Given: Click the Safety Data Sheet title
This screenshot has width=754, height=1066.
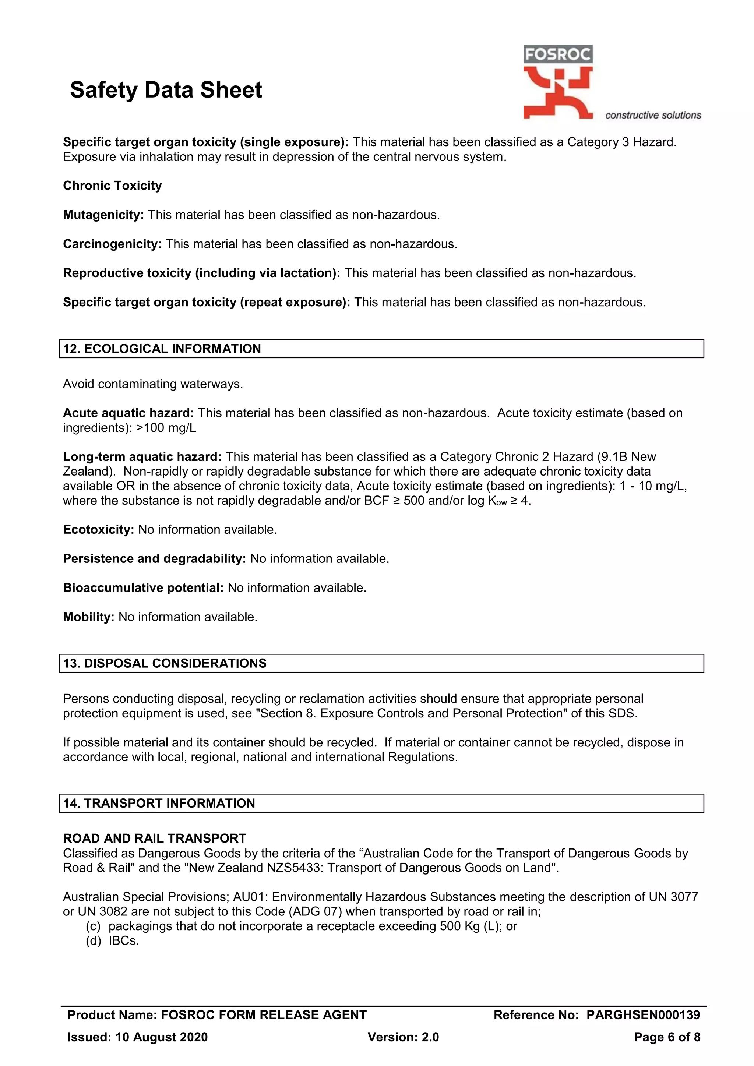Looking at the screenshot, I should [166, 90].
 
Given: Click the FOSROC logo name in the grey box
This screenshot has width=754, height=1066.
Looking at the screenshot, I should [558, 55].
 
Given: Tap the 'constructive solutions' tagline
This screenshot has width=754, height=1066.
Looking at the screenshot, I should [653, 115].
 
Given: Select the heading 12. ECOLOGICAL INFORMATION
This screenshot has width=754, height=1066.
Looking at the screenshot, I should [162, 349].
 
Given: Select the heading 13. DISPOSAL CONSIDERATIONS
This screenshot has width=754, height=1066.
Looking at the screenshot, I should [165, 663].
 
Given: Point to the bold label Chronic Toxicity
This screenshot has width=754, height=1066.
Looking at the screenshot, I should [112, 186].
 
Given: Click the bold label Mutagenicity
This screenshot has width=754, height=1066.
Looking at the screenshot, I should [103, 215].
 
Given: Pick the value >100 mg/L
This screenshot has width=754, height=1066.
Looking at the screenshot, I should [166, 428].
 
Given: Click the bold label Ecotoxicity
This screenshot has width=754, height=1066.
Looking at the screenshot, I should [98, 530].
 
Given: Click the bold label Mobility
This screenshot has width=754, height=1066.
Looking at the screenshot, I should [89, 617].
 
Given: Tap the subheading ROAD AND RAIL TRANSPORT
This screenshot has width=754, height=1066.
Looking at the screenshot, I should [155, 839].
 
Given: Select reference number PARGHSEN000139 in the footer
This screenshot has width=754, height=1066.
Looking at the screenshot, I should [643, 1015].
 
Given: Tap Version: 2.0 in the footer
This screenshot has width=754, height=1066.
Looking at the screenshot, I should [403, 1037].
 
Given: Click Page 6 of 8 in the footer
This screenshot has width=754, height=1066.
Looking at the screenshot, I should [667, 1037].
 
